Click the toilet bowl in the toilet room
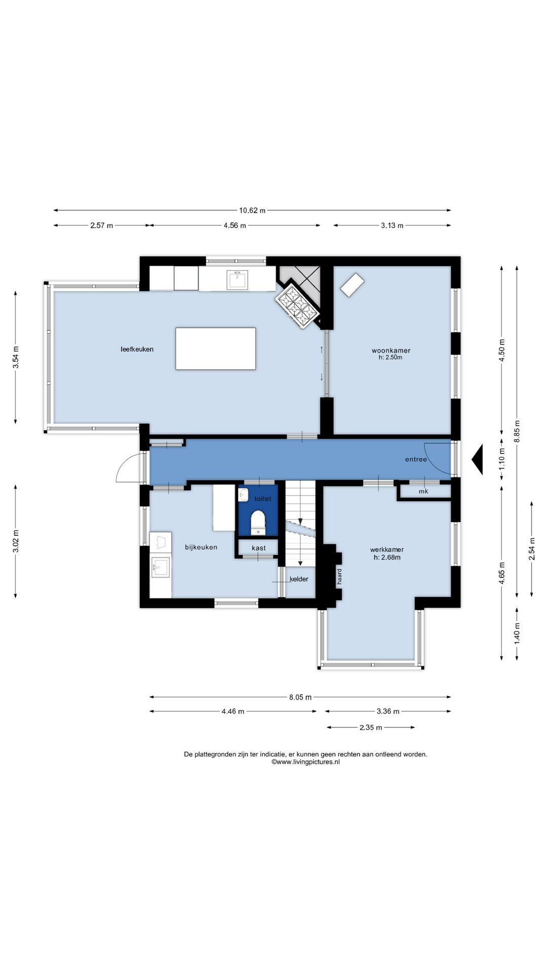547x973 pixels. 258,522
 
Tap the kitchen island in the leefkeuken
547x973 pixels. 216,349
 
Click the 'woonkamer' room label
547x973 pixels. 391,350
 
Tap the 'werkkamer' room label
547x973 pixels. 387,549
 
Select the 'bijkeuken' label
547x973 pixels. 201,547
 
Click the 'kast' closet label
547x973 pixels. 259,548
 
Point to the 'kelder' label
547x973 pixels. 299,579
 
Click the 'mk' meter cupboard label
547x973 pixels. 423,492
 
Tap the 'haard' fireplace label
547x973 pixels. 339,577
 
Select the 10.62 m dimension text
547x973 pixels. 252,211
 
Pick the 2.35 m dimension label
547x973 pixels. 371,727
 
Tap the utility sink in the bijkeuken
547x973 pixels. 161,567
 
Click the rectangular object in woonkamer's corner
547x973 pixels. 353,285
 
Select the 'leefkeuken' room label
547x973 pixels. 137,349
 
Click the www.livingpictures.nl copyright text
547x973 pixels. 305,762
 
